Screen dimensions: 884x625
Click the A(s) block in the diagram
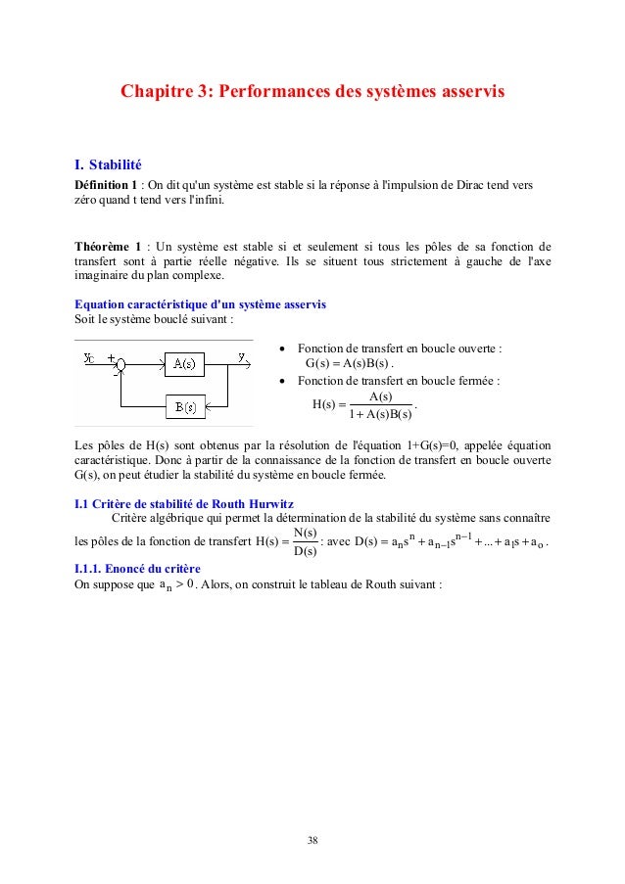tap(182, 364)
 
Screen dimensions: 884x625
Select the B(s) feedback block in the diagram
tap(184, 406)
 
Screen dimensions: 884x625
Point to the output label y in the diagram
tap(241, 356)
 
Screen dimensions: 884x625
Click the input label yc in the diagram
tap(89, 357)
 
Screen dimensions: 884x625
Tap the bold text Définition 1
tap(108, 184)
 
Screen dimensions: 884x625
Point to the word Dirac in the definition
tap(467, 184)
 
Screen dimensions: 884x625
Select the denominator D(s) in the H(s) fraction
tap(305, 551)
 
